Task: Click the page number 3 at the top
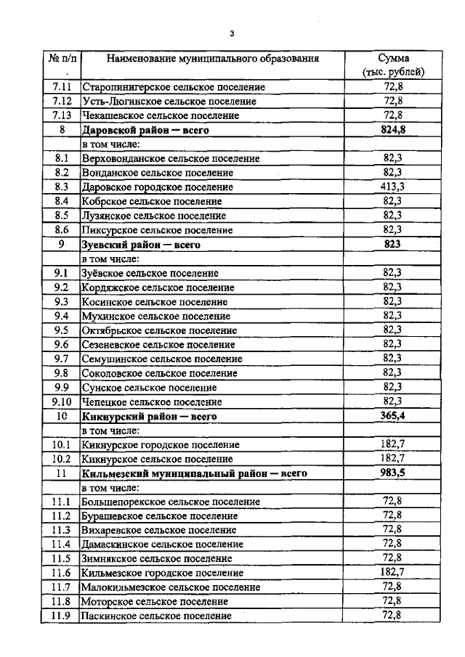tap(231, 33)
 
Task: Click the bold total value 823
tap(392, 245)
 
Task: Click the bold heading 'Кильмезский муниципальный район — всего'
tap(194, 473)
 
